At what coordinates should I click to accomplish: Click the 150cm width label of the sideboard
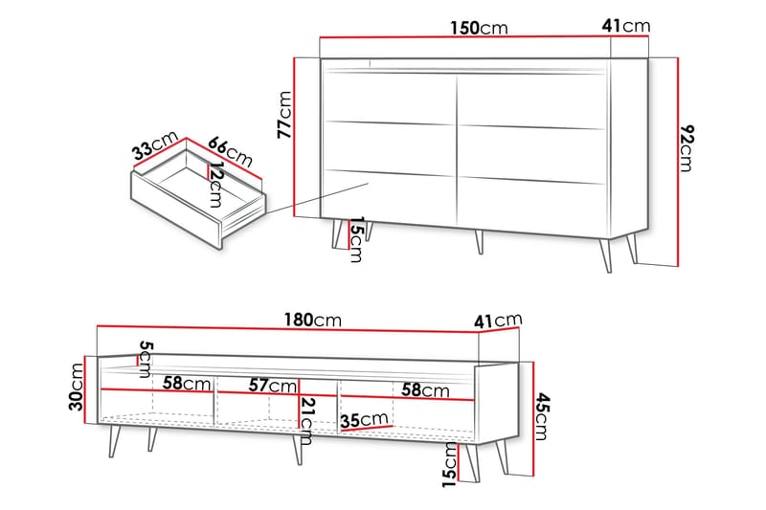pyautogui.click(x=479, y=28)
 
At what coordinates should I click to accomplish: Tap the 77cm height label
pyautogui.click(x=284, y=115)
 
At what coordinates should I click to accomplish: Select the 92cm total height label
pyautogui.click(x=687, y=148)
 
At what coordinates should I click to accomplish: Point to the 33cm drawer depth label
pyautogui.click(x=156, y=145)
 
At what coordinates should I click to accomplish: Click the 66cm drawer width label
pyautogui.click(x=230, y=151)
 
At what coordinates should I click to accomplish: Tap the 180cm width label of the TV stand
pyautogui.click(x=313, y=321)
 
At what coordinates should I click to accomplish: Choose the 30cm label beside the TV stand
pyautogui.click(x=77, y=387)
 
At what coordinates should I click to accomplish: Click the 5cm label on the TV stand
pyautogui.click(x=146, y=360)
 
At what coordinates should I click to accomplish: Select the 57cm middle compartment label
pyautogui.click(x=272, y=386)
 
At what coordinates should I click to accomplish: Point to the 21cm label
pyautogui.click(x=307, y=421)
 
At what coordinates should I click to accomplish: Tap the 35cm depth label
pyautogui.click(x=365, y=420)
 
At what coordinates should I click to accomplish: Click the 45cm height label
pyautogui.click(x=542, y=417)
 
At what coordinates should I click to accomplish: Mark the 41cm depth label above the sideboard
pyautogui.click(x=626, y=26)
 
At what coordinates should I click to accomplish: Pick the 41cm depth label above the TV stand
pyautogui.click(x=498, y=321)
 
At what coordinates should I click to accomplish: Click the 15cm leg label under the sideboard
pyautogui.click(x=356, y=239)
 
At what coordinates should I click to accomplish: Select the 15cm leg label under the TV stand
pyautogui.click(x=449, y=465)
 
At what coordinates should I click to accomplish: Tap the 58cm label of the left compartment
pyautogui.click(x=187, y=383)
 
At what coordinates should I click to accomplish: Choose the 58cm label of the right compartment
pyautogui.click(x=425, y=390)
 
